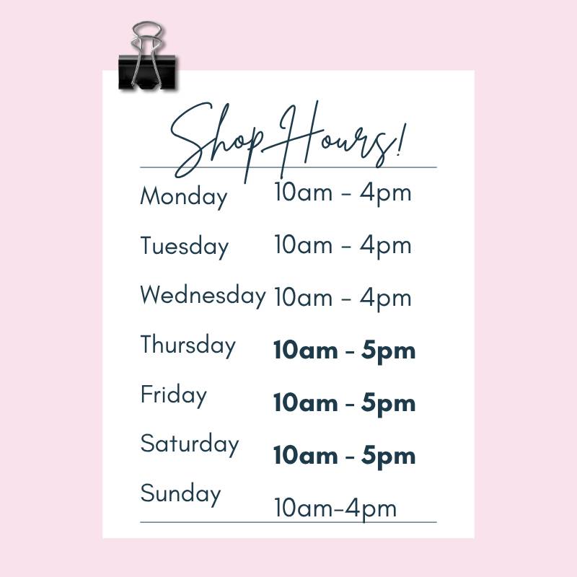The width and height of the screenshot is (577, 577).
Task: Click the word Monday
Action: (x=184, y=197)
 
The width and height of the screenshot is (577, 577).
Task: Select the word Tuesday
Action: (x=185, y=247)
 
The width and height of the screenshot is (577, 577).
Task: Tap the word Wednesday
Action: (x=203, y=296)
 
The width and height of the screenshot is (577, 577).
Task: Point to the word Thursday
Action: (x=188, y=345)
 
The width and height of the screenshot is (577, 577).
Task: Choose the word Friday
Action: (x=174, y=395)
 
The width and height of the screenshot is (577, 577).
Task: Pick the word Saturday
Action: (x=190, y=444)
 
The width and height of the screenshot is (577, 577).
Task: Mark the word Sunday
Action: (x=180, y=494)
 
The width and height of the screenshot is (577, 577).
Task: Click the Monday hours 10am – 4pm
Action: (x=343, y=193)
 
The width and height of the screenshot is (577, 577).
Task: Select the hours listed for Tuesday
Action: (x=343, y=246)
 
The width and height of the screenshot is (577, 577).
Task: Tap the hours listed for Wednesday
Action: (x=343, y=299)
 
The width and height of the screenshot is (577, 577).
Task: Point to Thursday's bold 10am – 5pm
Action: (x=345, y=351)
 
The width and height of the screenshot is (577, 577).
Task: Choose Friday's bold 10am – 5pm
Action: (x=345, y=404)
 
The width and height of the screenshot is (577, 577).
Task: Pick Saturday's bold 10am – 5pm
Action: (x=345, y=457)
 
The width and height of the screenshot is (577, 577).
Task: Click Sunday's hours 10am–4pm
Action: (x=335, y=509)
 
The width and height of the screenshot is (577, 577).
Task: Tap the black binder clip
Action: (x=147, y=72)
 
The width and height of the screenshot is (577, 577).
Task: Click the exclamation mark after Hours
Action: (x=402, y=140)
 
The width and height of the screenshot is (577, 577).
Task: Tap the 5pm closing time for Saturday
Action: (x=388, y=457)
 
